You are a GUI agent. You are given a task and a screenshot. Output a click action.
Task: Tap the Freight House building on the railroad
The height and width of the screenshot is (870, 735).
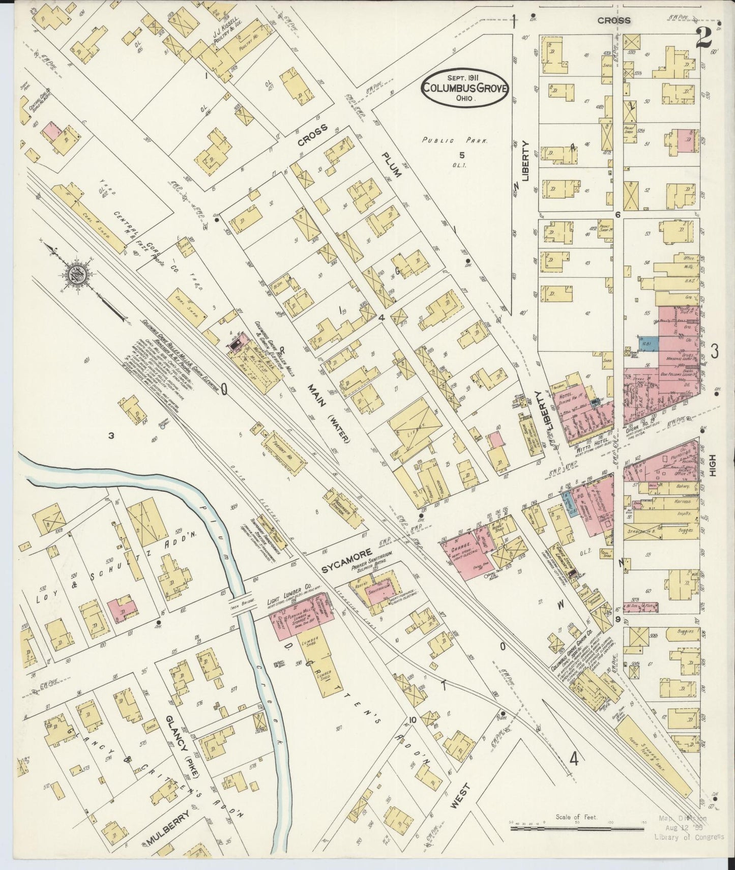288,451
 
